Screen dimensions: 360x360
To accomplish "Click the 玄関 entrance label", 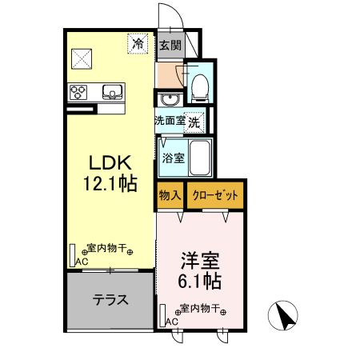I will click(x=168, y=45).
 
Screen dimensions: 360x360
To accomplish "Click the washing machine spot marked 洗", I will click(x=194, y=122).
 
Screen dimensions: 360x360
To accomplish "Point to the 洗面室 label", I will click(x=170, y=122).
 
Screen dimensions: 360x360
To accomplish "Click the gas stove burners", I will click(x=80, y=90).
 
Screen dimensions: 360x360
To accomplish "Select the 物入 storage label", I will click(x=169, y=195).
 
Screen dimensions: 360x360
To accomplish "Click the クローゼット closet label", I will click(x=214, y=195).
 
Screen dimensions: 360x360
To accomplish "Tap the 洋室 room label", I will click(x=200, y=261).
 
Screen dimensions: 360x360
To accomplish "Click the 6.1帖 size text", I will click(x=200, y=282).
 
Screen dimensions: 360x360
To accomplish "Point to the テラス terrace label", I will click(x=110, y=301).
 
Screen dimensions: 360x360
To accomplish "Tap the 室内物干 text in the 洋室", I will click(x=196, y=309).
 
